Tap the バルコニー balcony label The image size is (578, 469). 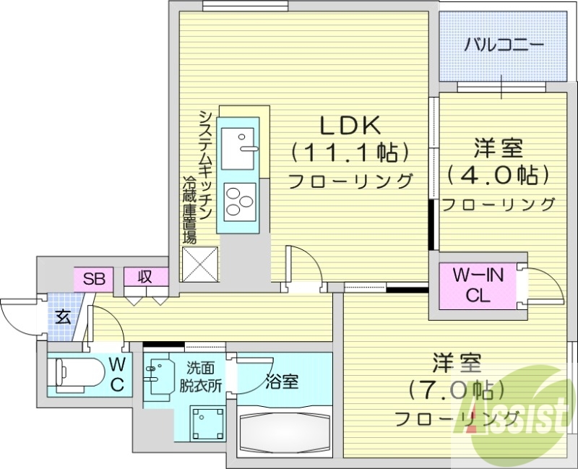point(504,46)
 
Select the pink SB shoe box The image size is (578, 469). point(92,277)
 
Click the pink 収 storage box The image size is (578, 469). point(144,277)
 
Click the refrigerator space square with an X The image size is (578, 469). point(200,264)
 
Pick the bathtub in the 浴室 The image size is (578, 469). point(284,431)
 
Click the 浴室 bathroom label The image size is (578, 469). point(282,381)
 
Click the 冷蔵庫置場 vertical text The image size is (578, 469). point(189,210)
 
